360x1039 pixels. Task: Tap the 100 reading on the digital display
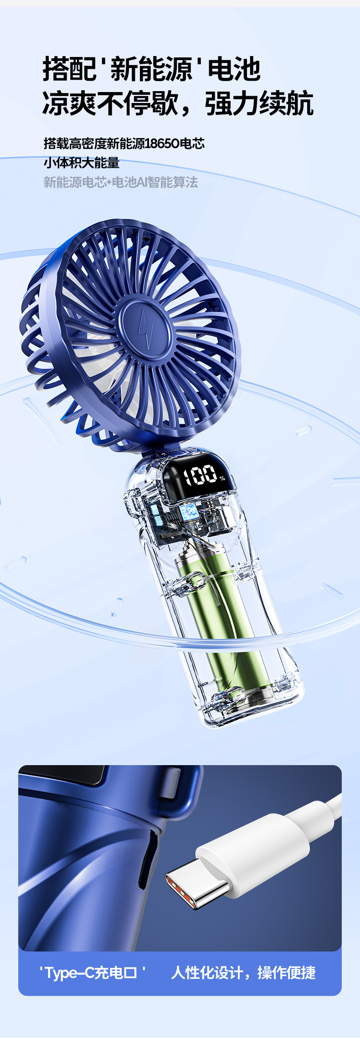pyautogui.click(x=200, y=475)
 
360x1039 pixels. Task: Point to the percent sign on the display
pyautogui.click(x=222, y=478)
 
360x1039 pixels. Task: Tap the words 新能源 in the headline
pyautogui.click(x=151, y=69)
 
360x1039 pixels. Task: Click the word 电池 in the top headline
pyautogui.click(x=234, y=69)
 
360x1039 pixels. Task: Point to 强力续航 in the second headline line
pyautogui.click(x=259, y=103)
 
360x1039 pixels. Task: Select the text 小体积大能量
pyautogui.click(x=82, y=163)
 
